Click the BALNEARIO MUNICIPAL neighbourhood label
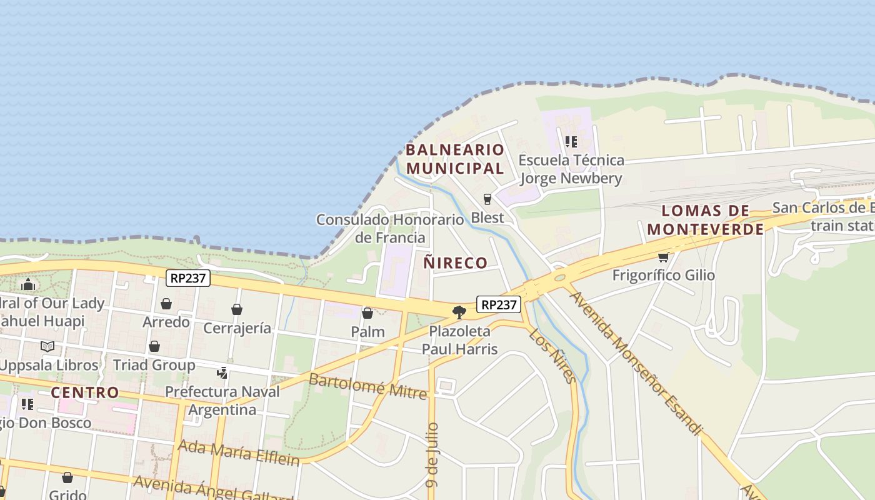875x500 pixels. pyautogui.click(x=454, y=159)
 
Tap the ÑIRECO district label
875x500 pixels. pyautogui.click(x=455, y=262)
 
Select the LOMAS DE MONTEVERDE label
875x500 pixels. pyautogui.click(x=705, y=220)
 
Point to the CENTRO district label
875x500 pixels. pyautogui.click(x=84, y=392)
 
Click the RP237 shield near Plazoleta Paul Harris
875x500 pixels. pyautogui.click(x=499, y=304)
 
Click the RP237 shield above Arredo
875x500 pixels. pyautogui.click(x=187, y=278)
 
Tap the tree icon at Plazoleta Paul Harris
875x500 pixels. pyautogui.click(x=459, y=312)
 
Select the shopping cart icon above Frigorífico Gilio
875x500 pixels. pyautogui.click(x=663, y=257)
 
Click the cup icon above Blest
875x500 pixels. pyautogui.click(x=487, y=199)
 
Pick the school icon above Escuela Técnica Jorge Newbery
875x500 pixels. pyautogui.click(x=571, y=142)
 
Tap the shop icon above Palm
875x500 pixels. pyautogui.click(x=367, y=313)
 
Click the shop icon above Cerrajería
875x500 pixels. pyautogui.click(x=237, y=309)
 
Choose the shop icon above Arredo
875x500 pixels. pyautogui.click(x=166, y=304)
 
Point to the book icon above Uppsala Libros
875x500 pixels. pyautogui.click(x=47, y=346)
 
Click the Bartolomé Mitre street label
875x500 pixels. pyautogui.click(x=367, y=386)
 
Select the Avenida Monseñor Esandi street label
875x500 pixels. pyautogui.click(x=634, y=362)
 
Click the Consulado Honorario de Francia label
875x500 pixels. pyautogui.click(x=390, y=228)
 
